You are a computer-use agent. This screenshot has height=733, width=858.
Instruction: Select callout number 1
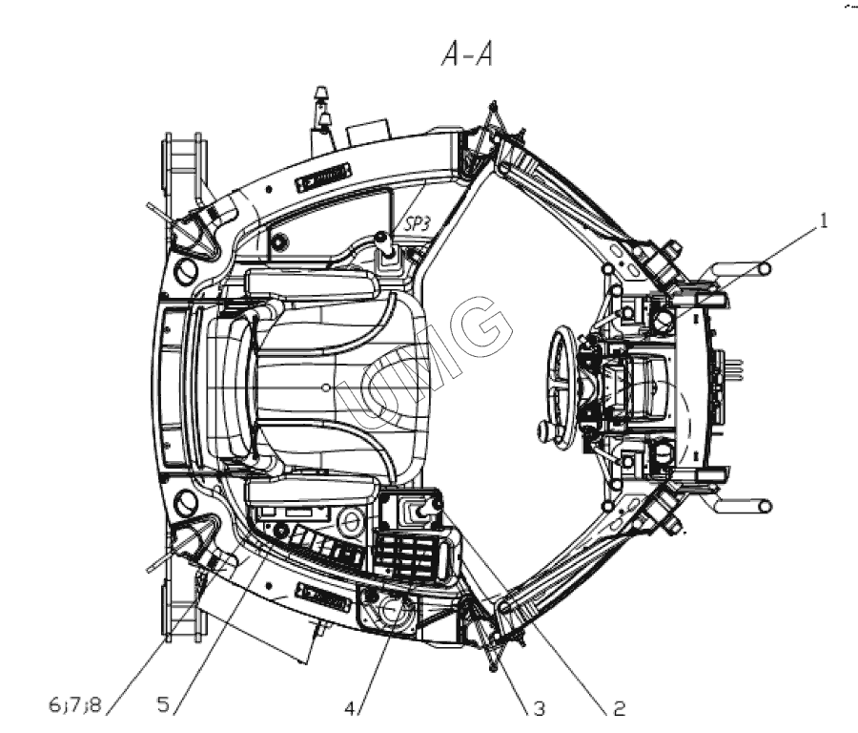[x=821, y=220]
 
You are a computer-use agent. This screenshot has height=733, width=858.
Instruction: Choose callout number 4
[x=352, y=709]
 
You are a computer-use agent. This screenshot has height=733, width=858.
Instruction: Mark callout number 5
[x=163, y=707]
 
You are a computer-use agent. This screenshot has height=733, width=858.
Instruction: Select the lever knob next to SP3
[x=382, y=240]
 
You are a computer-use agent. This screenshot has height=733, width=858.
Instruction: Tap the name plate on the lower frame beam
[x=324, y=597]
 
